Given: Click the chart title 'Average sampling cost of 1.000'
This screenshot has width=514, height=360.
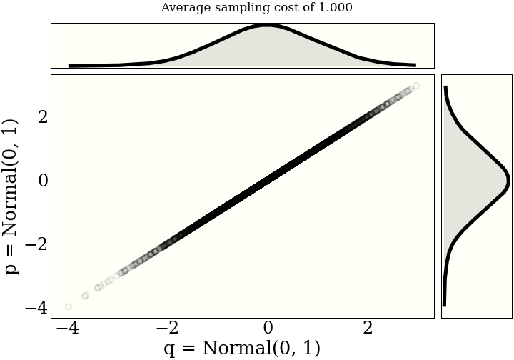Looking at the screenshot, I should [256, 8].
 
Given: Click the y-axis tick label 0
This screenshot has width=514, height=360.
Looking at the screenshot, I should [43, 179].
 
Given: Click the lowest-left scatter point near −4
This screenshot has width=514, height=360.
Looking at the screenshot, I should [69, 306].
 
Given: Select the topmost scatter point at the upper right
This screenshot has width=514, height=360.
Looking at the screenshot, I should [415, 86].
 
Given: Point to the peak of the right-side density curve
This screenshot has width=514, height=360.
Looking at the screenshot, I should [508, 178].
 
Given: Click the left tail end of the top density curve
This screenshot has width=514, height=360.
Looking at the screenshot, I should [70, 66].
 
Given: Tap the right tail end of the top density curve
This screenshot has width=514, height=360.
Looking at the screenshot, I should [415, 65].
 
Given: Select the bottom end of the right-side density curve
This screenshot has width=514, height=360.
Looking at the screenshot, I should [444, 305].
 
